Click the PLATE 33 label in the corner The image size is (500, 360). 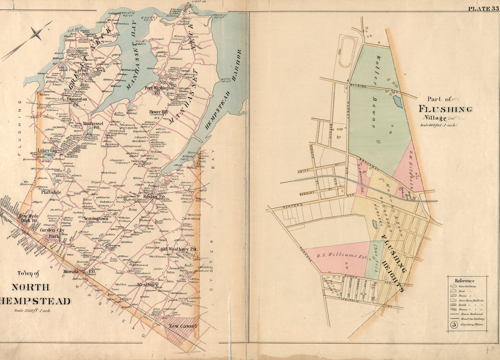click(482, 8)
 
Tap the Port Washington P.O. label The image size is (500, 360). click(162, 90)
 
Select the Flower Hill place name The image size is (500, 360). click(159, 112)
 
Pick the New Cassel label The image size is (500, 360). click(183, 326)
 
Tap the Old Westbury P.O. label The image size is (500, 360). click(179, 250)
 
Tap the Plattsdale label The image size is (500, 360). click(53, 192)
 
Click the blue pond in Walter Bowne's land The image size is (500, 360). click(398, 102)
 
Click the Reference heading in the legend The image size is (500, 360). click(464, 281)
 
